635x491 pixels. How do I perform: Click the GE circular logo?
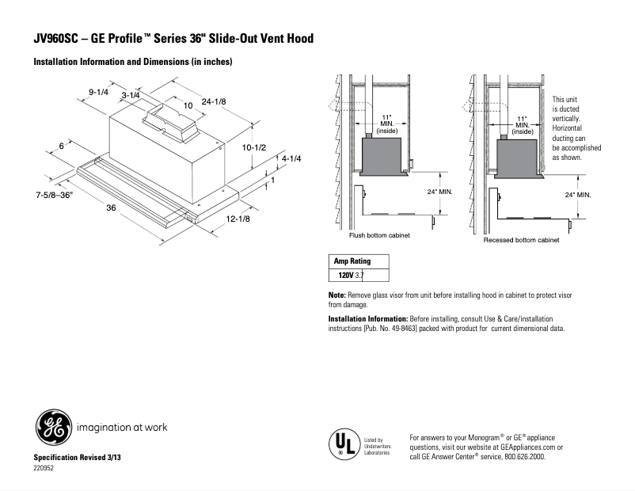pos(52,429)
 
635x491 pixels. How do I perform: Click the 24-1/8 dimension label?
pos(214,101)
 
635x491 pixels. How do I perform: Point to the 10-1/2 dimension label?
pos(253,147)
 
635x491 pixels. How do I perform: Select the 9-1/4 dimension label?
pos(98,92)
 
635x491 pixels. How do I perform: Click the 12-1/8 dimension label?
pos(238,219)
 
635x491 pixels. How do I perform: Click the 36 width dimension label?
pos(112,208)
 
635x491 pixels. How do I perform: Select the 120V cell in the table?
pos(344,276)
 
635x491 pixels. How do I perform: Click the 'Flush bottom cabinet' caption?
pos(379,235)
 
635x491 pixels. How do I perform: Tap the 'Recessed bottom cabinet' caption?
pos(521,239)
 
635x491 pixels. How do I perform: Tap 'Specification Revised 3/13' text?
pos(78,459)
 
